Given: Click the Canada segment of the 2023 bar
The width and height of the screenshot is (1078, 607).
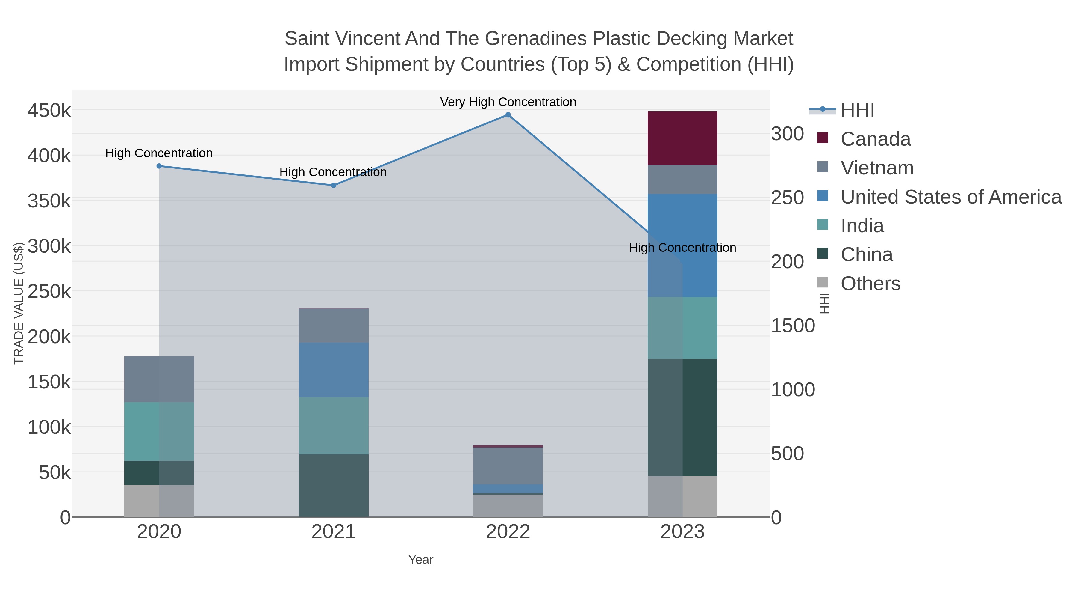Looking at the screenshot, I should coord(682,138).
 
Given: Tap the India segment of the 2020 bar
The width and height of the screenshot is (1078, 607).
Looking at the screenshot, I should coord(159,431).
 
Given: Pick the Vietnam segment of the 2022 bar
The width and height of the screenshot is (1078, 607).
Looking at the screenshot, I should coord(508,466).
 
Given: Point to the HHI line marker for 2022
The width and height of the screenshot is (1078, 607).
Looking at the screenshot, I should coord(508,115).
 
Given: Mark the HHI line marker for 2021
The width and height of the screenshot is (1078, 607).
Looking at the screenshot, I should coord(334,185).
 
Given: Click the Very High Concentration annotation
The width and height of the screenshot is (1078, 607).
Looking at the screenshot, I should coord(508,102).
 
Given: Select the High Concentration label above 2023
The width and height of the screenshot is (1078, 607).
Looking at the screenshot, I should coord(682,248).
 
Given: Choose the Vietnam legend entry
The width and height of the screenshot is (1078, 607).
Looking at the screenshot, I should coord(877,168).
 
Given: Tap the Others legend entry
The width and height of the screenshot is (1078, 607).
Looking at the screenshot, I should coord(870,284).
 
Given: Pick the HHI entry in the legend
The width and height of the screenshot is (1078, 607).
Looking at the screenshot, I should coord(857,110).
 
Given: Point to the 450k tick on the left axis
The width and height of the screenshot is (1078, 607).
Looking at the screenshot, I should coord(49,111).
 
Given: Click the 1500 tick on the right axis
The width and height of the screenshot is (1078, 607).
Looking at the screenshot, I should coord(793,326).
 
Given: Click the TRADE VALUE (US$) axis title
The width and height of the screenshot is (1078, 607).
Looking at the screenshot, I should coord(19,303).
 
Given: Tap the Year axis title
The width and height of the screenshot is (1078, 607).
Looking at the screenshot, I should coord(421,560).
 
